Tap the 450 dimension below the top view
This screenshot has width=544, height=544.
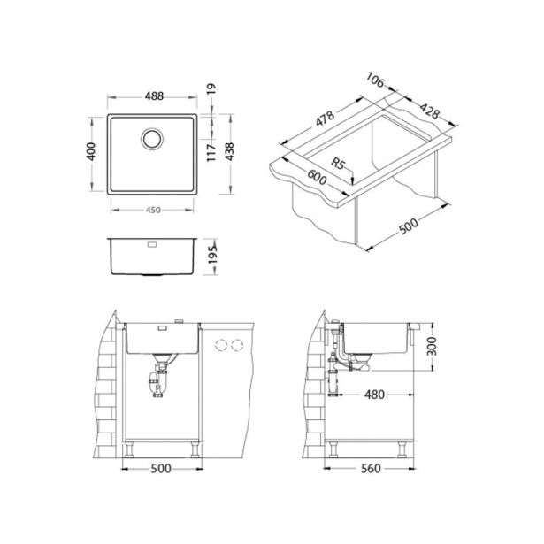(152, 210)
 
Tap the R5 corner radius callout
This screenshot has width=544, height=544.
(336, 165)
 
